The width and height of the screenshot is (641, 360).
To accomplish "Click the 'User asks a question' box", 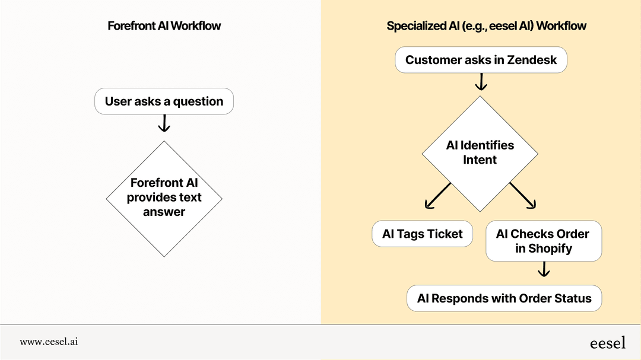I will click(164, 101).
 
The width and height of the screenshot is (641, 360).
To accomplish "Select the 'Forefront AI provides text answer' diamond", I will click(164, 197).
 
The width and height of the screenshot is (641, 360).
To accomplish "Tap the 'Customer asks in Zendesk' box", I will click(481, 60).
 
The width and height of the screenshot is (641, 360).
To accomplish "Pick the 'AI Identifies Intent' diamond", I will click(480, 152).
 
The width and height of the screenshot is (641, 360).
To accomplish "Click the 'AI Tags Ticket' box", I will click(422, 234).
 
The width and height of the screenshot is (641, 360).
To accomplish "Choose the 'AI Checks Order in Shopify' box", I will click(543, 241).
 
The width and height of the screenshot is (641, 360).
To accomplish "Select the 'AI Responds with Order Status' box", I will click(504, 298).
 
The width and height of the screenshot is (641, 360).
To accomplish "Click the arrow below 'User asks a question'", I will click(164, 123).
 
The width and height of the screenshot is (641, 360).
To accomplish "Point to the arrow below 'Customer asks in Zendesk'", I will click(481, 82).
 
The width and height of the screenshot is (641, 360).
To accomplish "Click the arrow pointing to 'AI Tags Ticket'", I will click(437, 196).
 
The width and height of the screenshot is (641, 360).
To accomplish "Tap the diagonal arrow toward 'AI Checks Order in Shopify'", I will click(523, 196).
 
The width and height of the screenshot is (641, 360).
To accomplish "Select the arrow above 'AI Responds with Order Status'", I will click(543, 270).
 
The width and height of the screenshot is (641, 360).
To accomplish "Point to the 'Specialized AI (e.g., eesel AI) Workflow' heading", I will click(486, 26).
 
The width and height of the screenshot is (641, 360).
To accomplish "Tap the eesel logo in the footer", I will click(607, 343).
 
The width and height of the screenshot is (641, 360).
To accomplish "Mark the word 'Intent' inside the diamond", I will click(480, 160).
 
